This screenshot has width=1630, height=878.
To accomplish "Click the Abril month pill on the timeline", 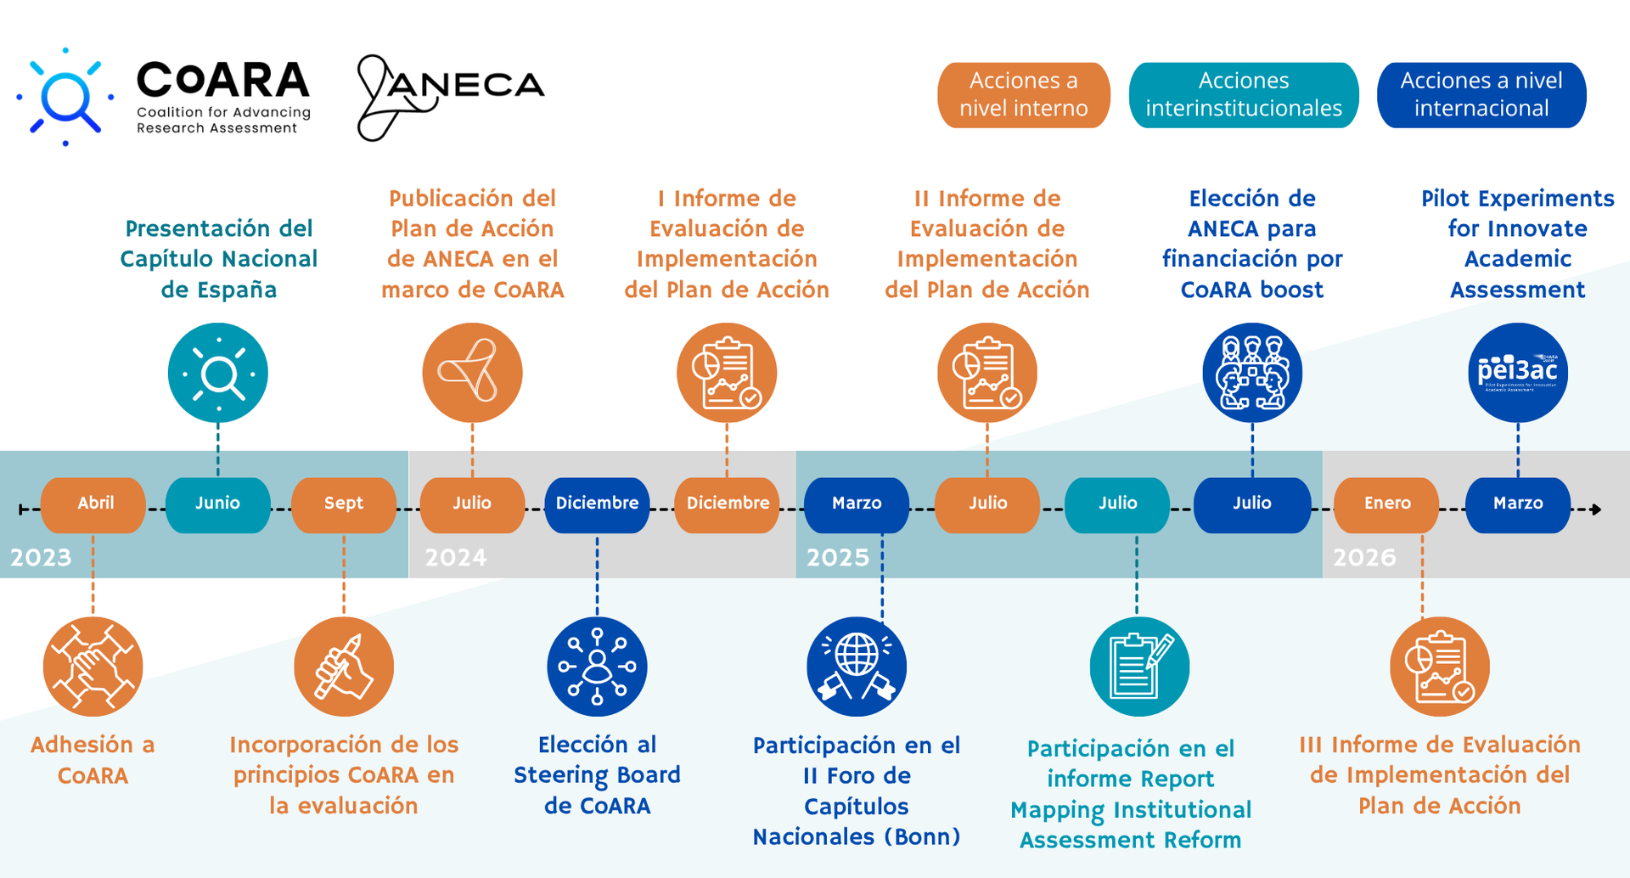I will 93,504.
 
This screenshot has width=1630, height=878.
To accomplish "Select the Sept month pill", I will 343,504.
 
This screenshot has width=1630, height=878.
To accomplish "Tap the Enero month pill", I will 1386,504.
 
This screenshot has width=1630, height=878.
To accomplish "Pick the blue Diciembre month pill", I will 597,504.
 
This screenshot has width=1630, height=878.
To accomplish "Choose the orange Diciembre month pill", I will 727,504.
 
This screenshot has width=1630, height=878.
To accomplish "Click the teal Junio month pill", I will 217,504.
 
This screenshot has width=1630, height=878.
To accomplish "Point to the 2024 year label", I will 456,558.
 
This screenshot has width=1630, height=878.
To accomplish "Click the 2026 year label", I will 1364,558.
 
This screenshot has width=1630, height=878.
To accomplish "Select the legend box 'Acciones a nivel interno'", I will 1023,95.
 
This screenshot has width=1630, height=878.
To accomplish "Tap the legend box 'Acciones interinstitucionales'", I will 1243,95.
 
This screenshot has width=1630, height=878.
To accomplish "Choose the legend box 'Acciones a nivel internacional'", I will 1481,95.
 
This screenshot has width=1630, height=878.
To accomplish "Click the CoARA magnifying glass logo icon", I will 66,97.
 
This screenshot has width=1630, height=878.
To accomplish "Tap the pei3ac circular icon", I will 1517,373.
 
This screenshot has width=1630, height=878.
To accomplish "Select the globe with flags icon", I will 856,667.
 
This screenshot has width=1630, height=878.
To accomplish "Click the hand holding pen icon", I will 343,667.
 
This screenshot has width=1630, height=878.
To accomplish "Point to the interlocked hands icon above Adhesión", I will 93,667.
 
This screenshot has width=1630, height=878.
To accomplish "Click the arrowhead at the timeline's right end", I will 1596,509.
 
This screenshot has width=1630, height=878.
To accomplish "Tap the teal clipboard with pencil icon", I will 1138,667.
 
